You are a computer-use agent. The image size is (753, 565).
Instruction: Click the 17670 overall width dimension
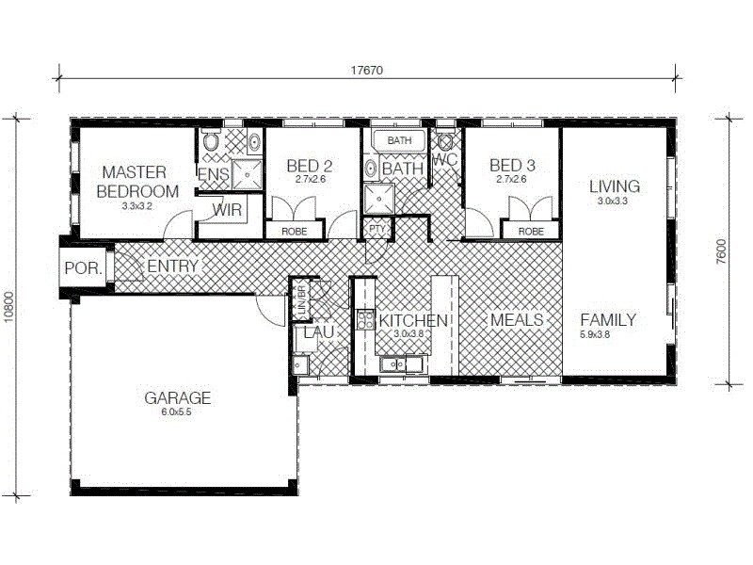click(x=367, y=70)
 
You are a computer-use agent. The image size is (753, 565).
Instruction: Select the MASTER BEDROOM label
click(x=134, y=181)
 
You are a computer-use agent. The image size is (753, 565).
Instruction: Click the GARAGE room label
click(x=177, y=397)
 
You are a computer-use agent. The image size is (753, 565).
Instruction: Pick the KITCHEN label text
click(x=413, y=321)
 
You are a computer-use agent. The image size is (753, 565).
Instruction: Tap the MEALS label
click(x=517, y=320)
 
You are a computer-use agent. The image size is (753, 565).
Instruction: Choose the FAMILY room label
click(x=608, y=319)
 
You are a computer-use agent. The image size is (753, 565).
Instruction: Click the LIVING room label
click(x=614, y=186)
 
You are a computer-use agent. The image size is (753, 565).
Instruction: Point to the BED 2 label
click(x=310, y=166)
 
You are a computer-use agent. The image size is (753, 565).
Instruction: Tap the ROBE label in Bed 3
click(x=531, y=230)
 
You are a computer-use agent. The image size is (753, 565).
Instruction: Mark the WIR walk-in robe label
click(x=227, y=209)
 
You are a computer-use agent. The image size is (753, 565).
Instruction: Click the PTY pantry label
click(x=376, y=229)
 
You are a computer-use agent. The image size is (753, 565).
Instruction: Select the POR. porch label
click(x=78, y=267)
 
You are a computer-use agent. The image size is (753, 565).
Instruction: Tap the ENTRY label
click(x=172, y=266)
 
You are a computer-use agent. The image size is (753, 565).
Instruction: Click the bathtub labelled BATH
click(x=399, y=141)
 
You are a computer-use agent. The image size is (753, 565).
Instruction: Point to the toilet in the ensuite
click(x=211, y=143)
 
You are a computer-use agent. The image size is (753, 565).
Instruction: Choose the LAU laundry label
click(x=312, y=332)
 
